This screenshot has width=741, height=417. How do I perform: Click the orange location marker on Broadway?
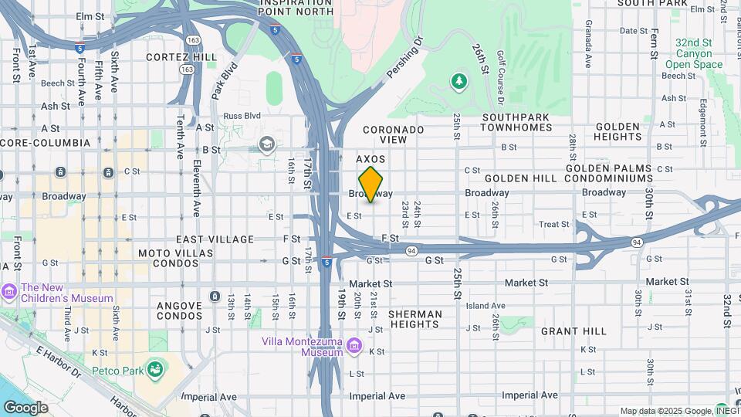tap(370, 185)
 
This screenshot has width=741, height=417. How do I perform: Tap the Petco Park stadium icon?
tap(155, 370)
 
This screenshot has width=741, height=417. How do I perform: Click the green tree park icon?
tap(459, 80)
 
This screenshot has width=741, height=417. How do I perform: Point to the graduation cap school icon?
tap(267, 144)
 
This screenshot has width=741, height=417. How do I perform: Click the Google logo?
tap(25, 407)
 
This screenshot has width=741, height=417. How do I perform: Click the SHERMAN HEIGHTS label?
tap(414, 320)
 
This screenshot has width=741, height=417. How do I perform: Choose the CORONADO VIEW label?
tap(394, 134)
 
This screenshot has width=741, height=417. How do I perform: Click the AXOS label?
tap(370, 159)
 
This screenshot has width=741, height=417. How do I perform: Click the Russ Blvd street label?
tap(242, 116)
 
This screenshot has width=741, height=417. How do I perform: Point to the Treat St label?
tap(553, 225)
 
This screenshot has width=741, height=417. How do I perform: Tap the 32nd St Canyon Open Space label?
tap(694, 53)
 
